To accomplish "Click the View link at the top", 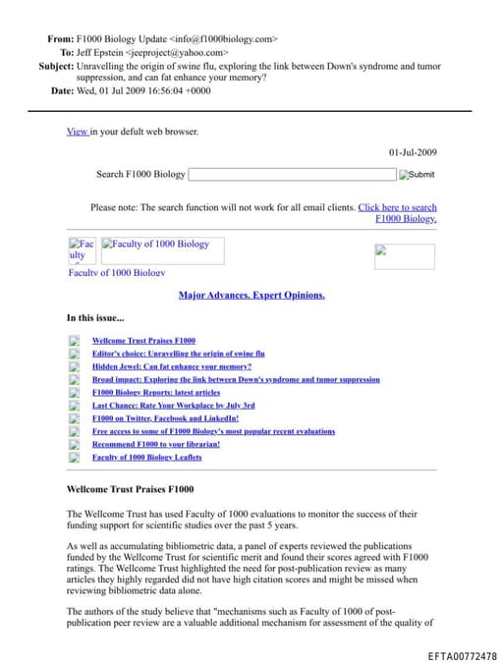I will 77,131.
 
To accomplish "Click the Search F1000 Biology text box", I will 291,175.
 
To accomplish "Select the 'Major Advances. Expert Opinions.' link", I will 251,295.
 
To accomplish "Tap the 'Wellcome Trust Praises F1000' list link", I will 143,341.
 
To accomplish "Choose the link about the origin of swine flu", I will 179,354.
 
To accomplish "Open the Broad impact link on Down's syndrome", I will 236,379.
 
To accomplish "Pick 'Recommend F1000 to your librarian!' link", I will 156,444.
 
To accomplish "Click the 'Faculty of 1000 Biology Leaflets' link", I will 147,457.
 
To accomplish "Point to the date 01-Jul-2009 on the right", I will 413,152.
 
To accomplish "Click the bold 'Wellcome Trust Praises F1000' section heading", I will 130,488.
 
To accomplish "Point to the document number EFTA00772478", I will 462,655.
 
